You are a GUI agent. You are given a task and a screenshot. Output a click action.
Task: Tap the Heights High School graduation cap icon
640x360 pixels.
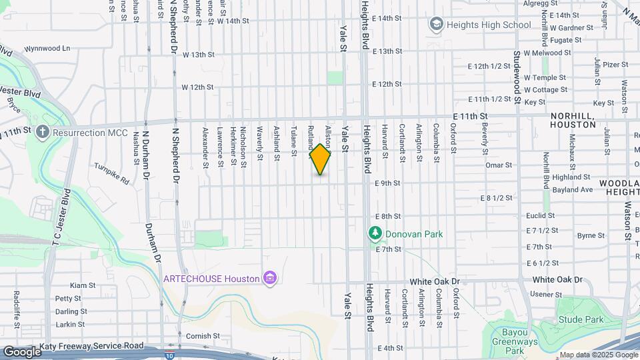tap(437, 25)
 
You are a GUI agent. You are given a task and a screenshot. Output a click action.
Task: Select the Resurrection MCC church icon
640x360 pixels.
tap(43, 132)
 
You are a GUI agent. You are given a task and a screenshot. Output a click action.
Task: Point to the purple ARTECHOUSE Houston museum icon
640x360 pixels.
tap(270, 277)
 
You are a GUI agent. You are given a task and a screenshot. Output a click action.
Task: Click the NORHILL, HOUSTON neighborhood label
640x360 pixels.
tap(573, 120)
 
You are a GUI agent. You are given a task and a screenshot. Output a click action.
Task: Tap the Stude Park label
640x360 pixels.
tap(582, 319)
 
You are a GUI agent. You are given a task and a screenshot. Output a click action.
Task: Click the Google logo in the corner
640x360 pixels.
tap(22, 351)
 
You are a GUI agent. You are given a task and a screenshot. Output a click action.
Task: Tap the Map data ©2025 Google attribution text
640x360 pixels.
tap(597, 355)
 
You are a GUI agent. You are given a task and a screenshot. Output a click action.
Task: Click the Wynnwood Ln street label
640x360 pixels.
tap(47, 49)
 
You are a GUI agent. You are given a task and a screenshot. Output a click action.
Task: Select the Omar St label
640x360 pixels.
tap(498, 165)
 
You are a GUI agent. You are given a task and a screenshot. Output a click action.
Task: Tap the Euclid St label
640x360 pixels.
tap(540, 215)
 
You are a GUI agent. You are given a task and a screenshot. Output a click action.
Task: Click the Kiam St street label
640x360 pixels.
tap(83, 285)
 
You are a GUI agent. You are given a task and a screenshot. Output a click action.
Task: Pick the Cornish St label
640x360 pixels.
tap(203, 336)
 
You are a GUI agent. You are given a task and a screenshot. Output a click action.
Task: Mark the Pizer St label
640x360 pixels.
tap(615, 64)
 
